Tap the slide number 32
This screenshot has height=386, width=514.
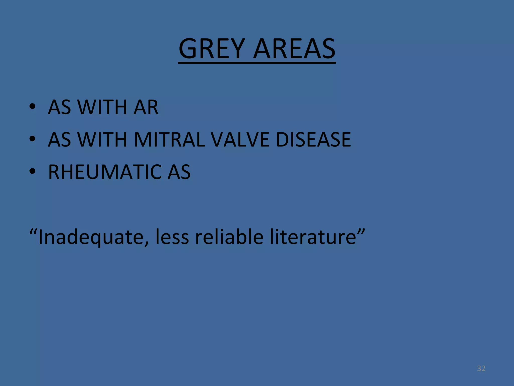[481, 368]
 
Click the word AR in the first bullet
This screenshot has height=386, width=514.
[146, 107]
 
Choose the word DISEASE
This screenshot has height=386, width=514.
[313, 140]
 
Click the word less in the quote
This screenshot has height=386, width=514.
[172, 237]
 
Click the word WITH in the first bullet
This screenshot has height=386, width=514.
[102, 107]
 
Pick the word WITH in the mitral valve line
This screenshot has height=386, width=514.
[102, 140]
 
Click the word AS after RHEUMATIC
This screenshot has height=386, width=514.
[179, 172]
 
